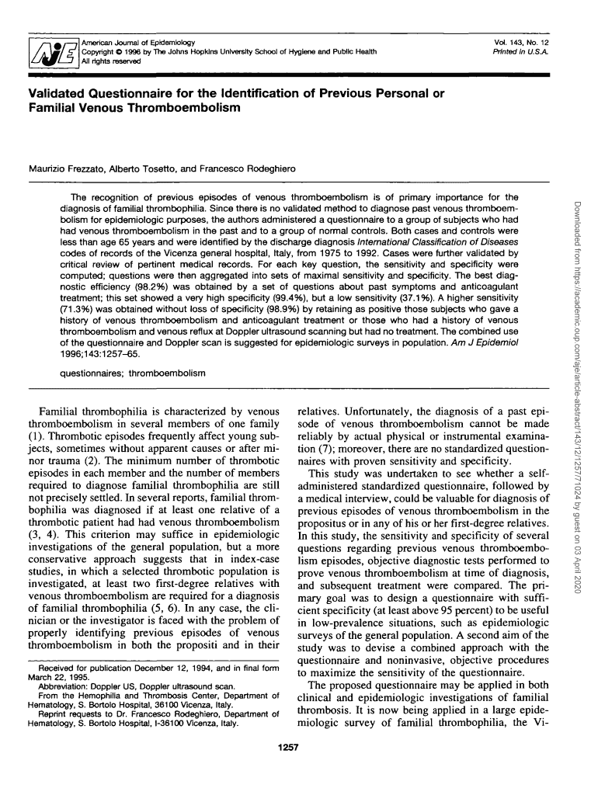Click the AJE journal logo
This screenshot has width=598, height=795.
[48, 53]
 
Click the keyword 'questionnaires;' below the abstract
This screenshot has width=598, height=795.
[92, 373]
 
